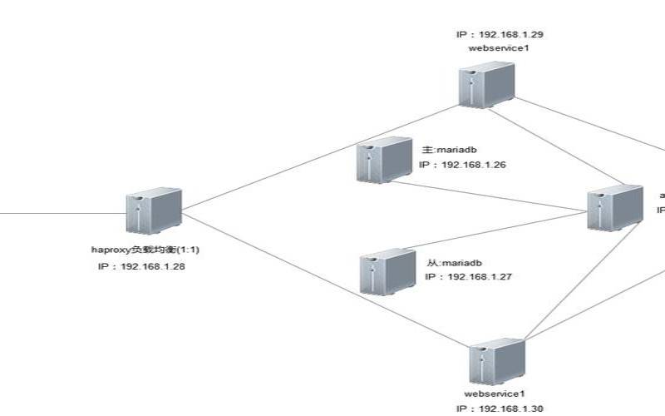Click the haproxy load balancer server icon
pos(154,210)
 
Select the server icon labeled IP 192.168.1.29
pos(487,86)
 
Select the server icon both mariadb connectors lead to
pos(614,208)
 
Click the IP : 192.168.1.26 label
pos(462,166)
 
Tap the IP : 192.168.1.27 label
pos(467,276)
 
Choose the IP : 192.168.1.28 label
pos(140,266)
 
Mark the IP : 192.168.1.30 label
pos(500,409)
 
